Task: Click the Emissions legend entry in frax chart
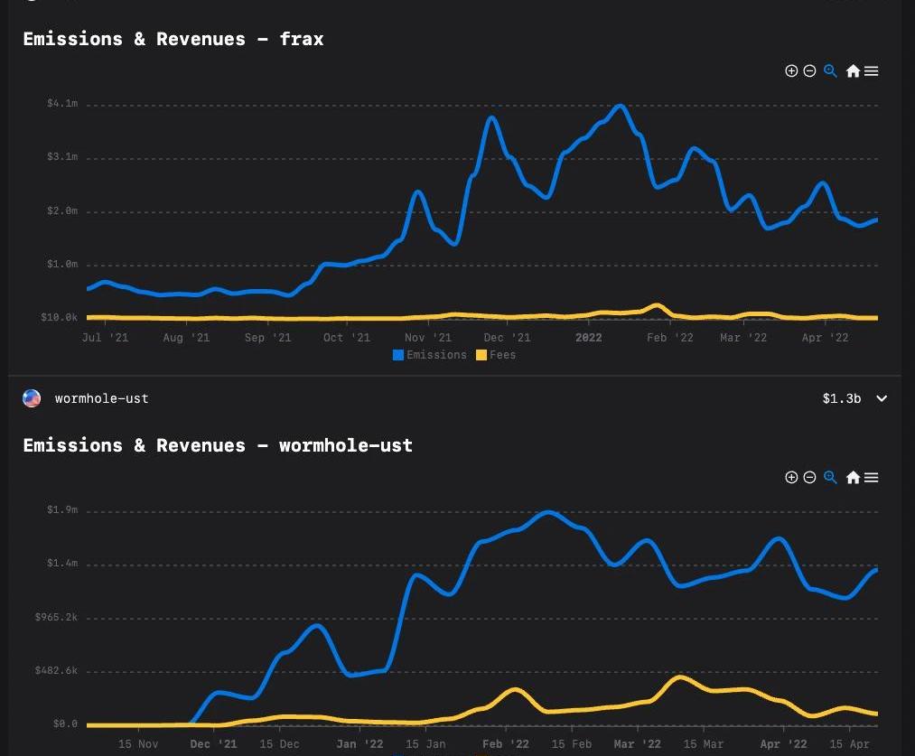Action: click(430, 355)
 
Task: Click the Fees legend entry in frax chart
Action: click(496, 355)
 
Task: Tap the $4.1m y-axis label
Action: click(62, 104)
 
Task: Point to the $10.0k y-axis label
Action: click(60, 317)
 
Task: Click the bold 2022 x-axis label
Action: click(588, 338)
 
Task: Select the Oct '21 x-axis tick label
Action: click(347, 338)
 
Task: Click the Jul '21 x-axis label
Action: click(105, 338)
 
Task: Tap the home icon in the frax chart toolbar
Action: click(853, 71)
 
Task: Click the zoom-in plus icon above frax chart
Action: click(791, 71)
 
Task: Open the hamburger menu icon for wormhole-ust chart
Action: click(872, 478)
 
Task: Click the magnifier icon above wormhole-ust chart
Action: click(830, 477)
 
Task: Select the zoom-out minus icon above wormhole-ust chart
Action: click(809, 478)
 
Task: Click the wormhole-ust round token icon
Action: click(32, 398)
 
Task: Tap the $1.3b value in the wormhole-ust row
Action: click(842, 398)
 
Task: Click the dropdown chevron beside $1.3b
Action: click(882, 398)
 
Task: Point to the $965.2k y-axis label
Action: click(56, 617)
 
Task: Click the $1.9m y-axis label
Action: click(62, 510)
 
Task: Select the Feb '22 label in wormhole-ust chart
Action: click(506, 744)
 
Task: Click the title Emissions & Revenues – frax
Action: click(173, 39)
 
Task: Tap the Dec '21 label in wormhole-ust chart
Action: click(213, 744)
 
